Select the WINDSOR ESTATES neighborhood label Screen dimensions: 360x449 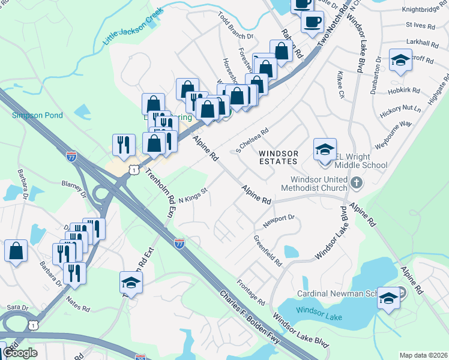tap(279, 157)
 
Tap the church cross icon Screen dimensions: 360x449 tap(356, 181)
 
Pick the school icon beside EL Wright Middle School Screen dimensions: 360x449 tap(324, 149)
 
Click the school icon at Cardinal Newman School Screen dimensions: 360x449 tap(388, 298)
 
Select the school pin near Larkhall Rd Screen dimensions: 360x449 tap(400, 60)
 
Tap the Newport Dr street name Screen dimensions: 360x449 tap(279, 221)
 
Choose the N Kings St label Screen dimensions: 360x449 tap(193, 196)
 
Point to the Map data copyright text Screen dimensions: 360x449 tap(423, 355)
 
